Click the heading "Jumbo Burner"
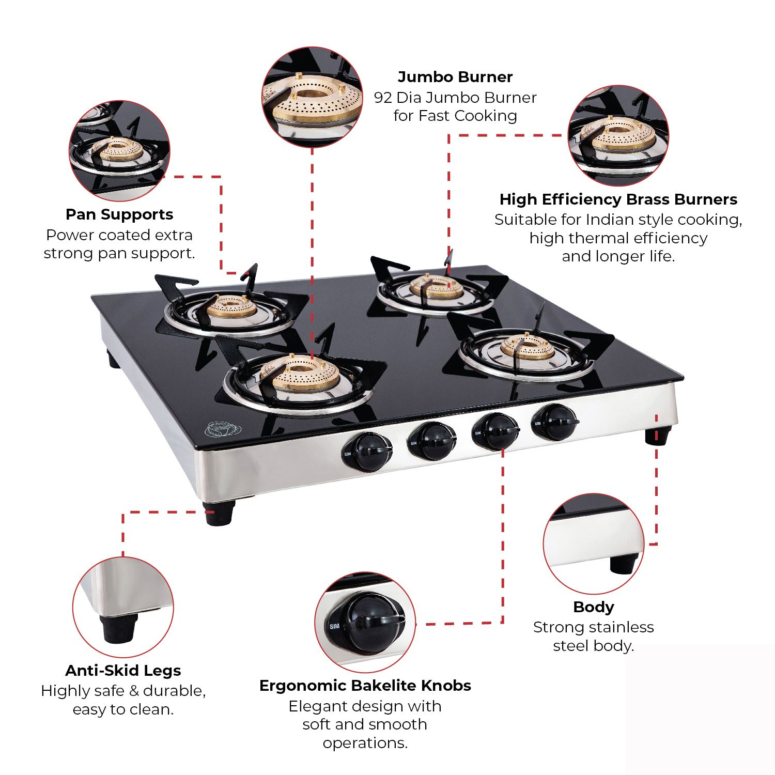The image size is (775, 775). (455, 77)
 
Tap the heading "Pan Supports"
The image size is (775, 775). (119, 214)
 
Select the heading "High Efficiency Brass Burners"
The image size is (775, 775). (618, 199)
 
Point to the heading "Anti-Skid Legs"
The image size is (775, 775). (123, 671)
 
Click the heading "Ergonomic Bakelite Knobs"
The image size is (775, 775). (365, 686)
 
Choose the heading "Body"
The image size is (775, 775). (594, 607)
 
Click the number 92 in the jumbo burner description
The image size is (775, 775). (383, 98)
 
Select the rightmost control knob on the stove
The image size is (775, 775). (555, 422)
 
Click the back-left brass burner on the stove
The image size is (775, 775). (231, 307)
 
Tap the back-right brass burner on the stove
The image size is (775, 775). (437, 286)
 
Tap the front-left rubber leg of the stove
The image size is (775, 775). (218, 513)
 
